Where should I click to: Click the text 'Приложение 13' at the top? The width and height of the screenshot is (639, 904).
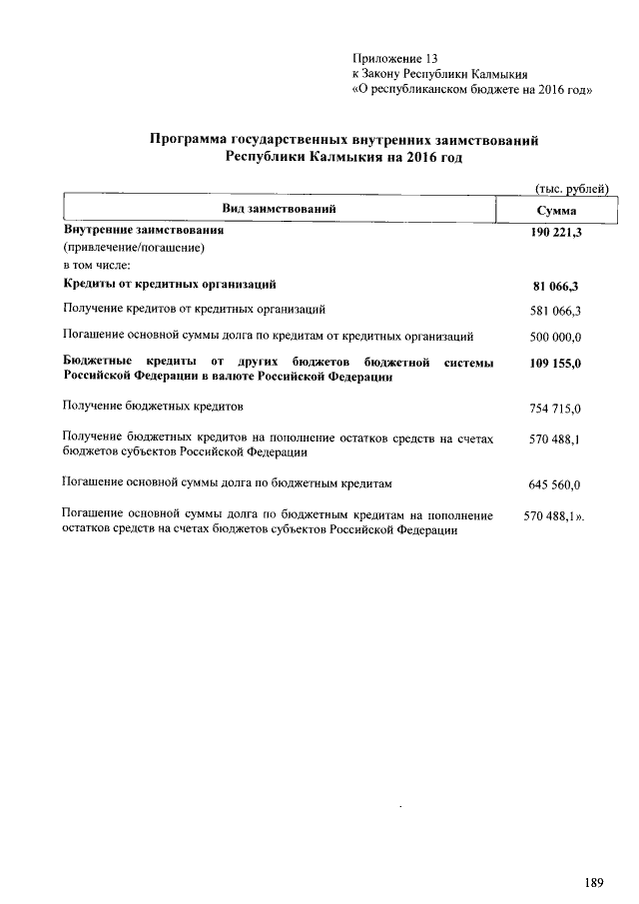pos(395,58)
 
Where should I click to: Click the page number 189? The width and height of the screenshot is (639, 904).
pos(595,882)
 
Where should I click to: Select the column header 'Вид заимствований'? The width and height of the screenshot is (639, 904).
pos(279,209)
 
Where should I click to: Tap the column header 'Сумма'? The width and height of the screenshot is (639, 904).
pos(556,211)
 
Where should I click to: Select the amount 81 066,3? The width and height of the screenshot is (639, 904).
pos(557,287)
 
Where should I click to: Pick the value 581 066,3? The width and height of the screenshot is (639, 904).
pos(556,311)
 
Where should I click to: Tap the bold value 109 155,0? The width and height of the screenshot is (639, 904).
pos(556,364)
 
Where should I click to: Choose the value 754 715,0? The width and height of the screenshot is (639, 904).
pos(556,409)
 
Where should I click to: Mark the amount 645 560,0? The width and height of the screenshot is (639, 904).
pos(556,485)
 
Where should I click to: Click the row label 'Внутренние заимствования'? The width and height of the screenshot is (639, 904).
pos(143,230)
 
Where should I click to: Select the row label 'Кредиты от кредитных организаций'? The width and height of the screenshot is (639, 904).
pos(169,285)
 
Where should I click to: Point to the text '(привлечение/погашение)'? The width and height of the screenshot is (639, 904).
pos(134,248)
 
